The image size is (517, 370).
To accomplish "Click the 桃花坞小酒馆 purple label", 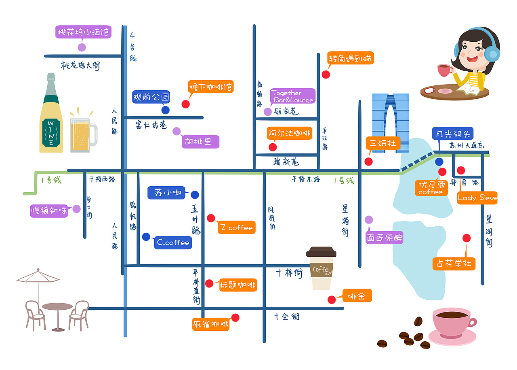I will (x=83, y=32).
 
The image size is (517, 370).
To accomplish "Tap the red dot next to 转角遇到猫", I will (x=326, y=74).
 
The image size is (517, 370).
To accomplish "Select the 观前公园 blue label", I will (x=151, y=97).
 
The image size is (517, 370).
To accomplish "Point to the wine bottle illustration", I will (x=51, y=117).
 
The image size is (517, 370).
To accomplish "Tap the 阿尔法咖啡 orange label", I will (x=290, y=133).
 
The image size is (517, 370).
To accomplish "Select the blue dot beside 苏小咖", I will (x=195, y=195).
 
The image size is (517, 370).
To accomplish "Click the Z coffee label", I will (x=237, y=228).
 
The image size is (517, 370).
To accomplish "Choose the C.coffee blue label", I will (x=173, y=242).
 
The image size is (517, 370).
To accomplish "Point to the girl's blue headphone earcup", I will (x=492, y=54).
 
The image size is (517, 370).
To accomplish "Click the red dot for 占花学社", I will (x=467, y=238).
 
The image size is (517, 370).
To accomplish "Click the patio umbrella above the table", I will (x=38, y=276).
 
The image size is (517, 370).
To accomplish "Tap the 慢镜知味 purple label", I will (x=49, y=211).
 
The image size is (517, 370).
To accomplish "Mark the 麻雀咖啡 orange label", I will (x=210, y=324).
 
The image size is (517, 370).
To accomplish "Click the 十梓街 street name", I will (x=289, y=272).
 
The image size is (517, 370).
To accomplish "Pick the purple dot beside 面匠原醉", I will (x=369, y=220).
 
